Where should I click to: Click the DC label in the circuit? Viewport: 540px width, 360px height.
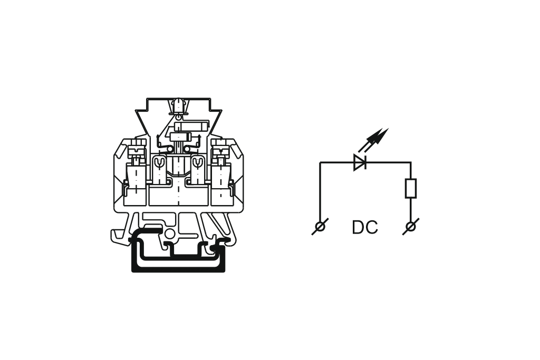point(365,227)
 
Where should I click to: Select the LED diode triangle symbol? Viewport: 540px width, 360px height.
point(360,162)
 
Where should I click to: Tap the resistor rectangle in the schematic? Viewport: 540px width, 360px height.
point(410,188)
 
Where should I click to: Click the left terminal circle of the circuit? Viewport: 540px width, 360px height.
point(320,227)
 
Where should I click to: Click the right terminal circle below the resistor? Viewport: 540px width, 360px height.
point(410,227)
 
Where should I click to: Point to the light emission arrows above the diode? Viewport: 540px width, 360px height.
point(374,139)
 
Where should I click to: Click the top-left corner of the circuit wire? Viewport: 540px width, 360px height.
point(320,162)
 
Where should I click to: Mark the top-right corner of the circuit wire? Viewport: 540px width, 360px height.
point(410,162)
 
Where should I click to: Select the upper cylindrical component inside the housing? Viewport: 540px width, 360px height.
point(191,126)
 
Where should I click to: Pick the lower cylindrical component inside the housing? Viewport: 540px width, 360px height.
point(181,137)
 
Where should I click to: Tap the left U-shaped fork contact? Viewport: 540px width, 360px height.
point(159,163)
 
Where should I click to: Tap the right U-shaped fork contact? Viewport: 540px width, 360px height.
point(197,163)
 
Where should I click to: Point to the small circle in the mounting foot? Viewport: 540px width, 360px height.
point(169,235)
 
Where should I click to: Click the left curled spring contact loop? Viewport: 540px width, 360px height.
point(169,149)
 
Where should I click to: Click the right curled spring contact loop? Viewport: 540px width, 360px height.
point(187,149)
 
